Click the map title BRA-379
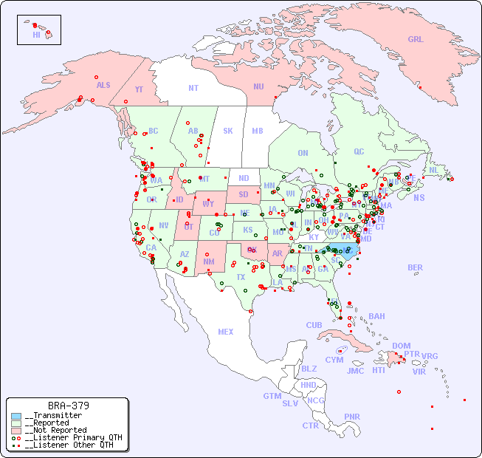[x=69, y=406]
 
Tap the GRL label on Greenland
[x=416, y=39]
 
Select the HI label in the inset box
[x=36, y=35]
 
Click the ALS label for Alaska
[x=103, y=85]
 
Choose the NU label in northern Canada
[x=258, y=86]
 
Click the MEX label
[x=226, y=332]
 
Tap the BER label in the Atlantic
[x=416, y=267]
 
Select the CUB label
[x=314, y=325]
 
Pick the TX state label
[x=241, y=277]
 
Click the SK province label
[x=228, y=131]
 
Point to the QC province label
[x=359, y=151]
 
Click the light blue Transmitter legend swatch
[x=16, y=416]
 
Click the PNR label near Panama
[x=352, y=417]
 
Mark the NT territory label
[x=193, y=87]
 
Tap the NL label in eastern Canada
[x=433, y=169]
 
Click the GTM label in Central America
[x=272, y=396]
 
